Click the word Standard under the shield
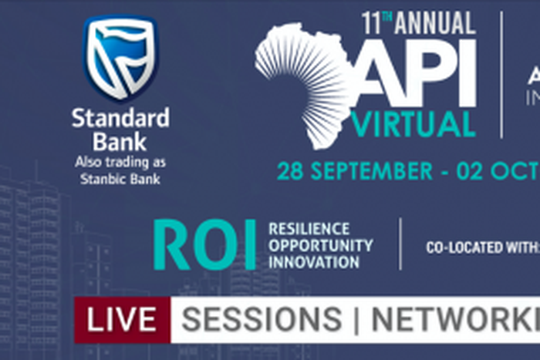(x=120, y=119)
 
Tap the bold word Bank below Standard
(x=120, y=142)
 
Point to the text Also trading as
(x=120, y=163)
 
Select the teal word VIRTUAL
(x=413, y=124)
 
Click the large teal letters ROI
(x=204, y=245)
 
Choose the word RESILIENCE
(x=309, y=229)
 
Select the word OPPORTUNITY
(x=320, y=245)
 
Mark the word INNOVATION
(x=314, y=262)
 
